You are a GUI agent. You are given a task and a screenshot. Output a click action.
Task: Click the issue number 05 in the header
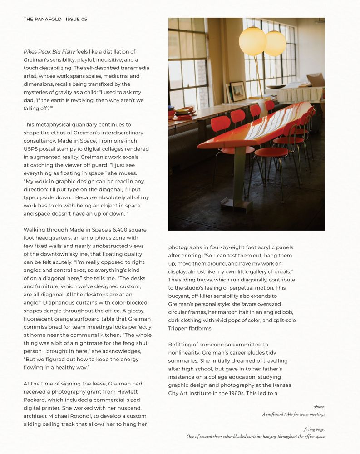coord(83,20)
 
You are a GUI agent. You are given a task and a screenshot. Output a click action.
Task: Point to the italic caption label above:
coord(319,407)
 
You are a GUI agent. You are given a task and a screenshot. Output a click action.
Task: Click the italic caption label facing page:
coord(314,429)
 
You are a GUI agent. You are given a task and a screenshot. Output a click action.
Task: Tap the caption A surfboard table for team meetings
coord(293,414)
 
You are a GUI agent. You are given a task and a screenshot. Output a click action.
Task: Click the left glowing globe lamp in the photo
coord(252,41)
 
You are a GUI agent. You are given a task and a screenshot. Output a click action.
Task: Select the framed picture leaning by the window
coord(238,92)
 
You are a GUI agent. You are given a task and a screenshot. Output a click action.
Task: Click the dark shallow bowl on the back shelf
coord(276,86)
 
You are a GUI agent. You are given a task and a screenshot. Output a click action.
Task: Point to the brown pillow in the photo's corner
coord(316,80)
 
